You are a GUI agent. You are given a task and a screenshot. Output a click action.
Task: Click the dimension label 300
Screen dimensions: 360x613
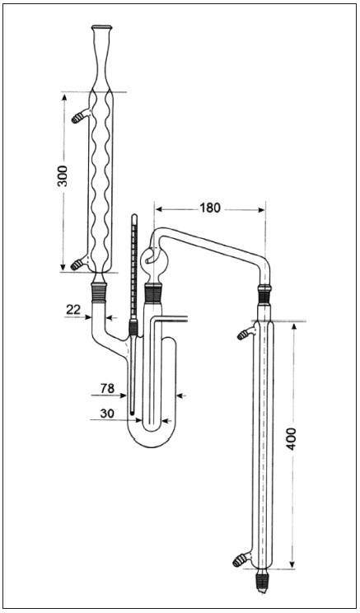pyautogui.click(x=63, y=176)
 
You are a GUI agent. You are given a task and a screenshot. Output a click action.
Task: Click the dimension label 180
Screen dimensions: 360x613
pyautogui.click(x=210, y=208)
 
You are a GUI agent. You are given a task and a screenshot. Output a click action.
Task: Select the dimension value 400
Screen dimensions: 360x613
pyautogui.click(x=292, y=438)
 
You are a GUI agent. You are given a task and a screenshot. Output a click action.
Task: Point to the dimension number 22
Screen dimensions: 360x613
pyautogui.click(x=73, y=310)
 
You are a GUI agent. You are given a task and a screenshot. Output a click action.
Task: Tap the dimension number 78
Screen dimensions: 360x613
pyautogui.click(x=107, y=388)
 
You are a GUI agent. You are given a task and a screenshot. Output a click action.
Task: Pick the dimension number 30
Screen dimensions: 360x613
pyautogui.click(x=107, y=414)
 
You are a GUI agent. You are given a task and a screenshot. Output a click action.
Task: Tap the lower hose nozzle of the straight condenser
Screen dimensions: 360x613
pyautogui.click(x=242, y=560)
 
